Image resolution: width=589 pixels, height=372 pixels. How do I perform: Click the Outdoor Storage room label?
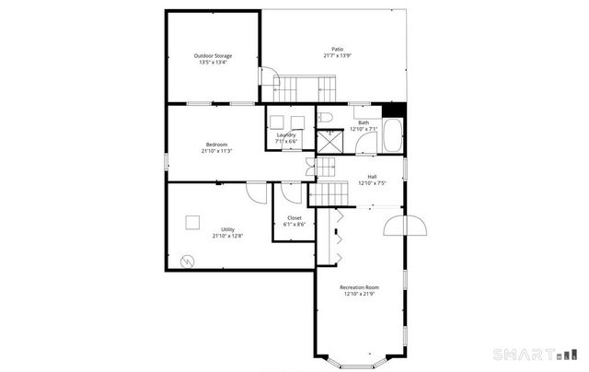pos(213,56)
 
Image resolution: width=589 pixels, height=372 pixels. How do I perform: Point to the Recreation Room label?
pos(359,287)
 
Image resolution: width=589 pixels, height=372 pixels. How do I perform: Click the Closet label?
pos(294,217)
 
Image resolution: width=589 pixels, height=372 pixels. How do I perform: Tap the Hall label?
pos(372,176)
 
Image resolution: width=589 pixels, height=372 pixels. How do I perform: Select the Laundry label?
pos(286,135)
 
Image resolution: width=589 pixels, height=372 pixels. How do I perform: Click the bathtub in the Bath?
pos(393,134)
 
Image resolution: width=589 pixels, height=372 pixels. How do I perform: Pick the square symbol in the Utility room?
pos(192,221)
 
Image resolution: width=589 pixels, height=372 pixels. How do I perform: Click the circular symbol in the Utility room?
pos(187,261)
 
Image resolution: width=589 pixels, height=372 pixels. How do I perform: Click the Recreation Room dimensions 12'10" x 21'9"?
pos(359,295)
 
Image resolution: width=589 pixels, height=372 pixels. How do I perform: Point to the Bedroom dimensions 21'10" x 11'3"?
pos(216,151)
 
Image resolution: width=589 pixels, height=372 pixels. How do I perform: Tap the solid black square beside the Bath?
pos(398,109)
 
